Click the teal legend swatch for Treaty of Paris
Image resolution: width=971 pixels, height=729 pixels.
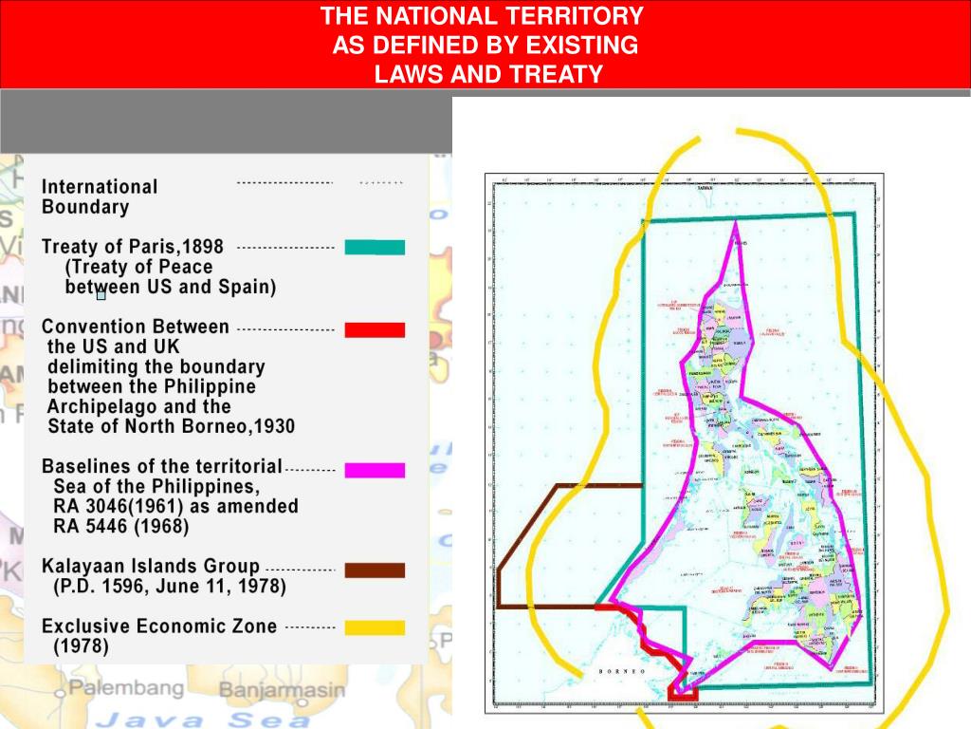[375, 247]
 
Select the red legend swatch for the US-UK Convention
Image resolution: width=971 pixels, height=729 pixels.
[375, 329]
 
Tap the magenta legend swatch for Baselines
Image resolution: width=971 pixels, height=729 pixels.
[375, 470]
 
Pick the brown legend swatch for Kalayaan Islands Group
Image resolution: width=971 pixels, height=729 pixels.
[375, 570]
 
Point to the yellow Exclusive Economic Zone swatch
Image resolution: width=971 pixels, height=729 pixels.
[375, 627]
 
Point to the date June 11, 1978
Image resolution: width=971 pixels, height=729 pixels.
[206, 587]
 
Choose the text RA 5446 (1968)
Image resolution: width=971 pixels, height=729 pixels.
[120, 526]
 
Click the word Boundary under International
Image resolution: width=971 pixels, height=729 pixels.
[84, 207]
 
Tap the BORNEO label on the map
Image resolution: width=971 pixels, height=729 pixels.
[622, 671]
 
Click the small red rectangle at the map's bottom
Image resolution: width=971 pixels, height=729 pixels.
[683, 693]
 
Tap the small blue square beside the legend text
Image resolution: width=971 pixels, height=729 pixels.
[101, 295]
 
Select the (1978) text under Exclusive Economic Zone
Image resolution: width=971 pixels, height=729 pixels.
[81, 647]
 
